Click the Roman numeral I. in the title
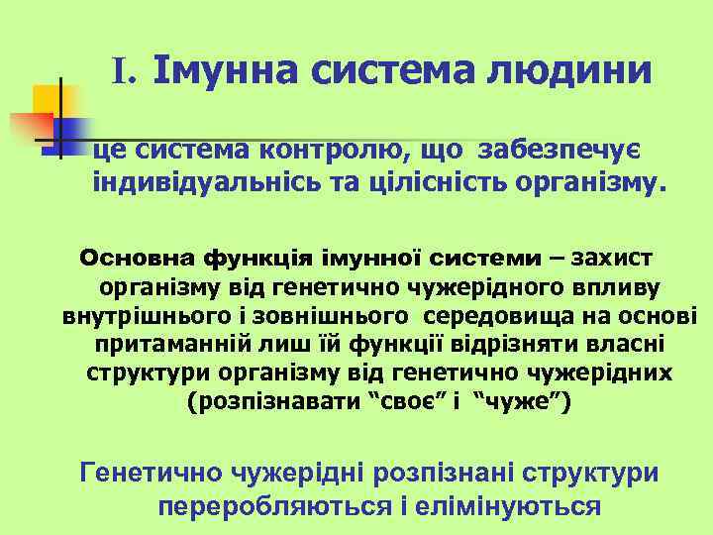[129, 71]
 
